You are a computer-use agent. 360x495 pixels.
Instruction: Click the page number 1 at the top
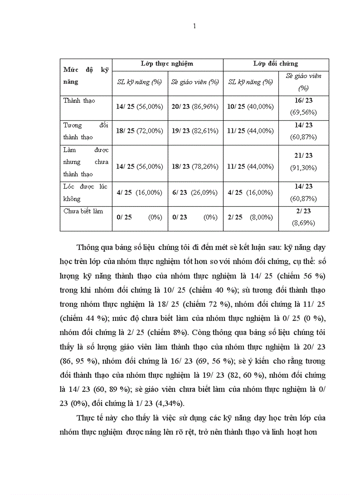(x=195, y=26)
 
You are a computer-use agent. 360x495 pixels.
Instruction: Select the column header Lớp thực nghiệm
(x=167, y=64)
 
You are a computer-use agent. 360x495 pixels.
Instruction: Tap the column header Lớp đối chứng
(x=276, y=64)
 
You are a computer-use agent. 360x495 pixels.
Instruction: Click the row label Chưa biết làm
(x=83, y=211)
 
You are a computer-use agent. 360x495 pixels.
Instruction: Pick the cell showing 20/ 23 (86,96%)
(x=195, y=107)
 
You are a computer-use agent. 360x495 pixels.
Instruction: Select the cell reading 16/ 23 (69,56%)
(x=304, y=107)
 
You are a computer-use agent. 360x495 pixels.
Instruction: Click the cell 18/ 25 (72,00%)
(x=139, y=131)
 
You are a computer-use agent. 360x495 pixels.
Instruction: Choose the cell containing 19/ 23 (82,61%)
(x=195, y=131)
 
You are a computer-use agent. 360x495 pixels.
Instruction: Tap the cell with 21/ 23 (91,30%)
(x=304, y=162)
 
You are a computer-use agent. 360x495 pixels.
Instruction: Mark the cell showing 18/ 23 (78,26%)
(x=195, y=167)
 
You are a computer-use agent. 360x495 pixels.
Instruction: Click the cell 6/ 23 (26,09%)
(x=195, y=193)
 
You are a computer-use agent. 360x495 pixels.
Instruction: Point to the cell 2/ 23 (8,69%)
(x=304, y=217)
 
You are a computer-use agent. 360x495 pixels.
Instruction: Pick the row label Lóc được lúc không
(x=85, y=193)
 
